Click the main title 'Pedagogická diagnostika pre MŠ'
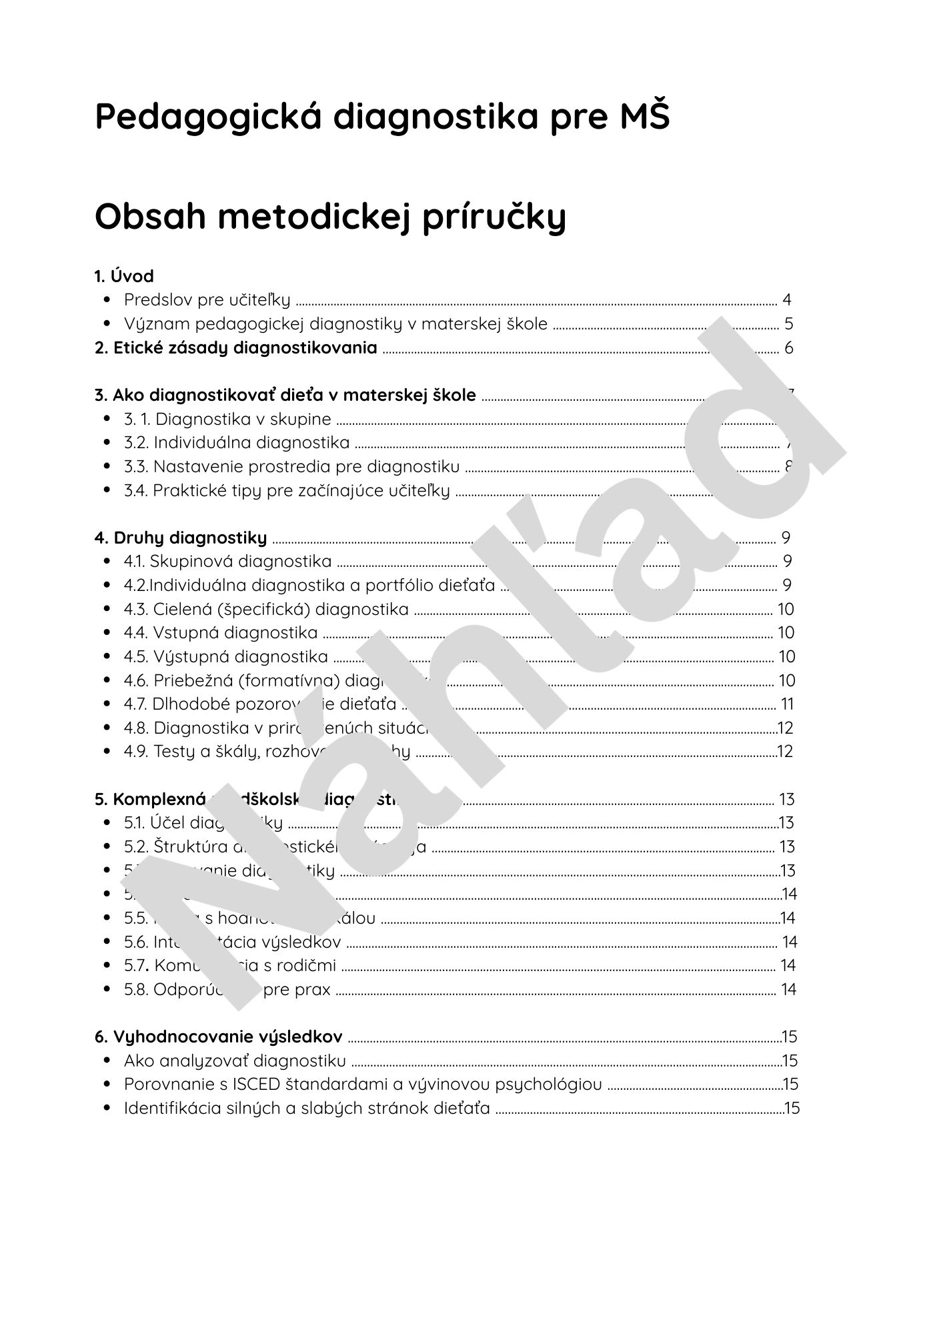pos(381,117)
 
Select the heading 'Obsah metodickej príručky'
pos(330,217)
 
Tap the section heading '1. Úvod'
pos(124,276)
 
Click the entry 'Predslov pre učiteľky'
pos(207,300)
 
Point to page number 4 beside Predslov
pos(787,300)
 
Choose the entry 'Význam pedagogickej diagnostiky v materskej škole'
pos(335,324)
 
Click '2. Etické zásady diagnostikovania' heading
pos(236,348)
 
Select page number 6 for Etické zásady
pos(788,348)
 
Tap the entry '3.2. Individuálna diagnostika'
pos(237,443)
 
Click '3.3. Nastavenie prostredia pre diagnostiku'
pos(291,466)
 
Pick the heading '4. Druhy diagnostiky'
pos(181,538)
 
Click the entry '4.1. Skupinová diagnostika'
pos(227,562)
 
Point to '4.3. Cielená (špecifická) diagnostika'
pos(266,609)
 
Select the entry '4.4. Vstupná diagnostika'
pos(221,632)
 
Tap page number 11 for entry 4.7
pos(787,704)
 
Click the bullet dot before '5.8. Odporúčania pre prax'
pos(107,989)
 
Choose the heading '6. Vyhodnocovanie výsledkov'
pos(219,1037)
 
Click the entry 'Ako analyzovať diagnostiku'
pos(235,1061)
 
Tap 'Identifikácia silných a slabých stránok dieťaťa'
pos(307,1109)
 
